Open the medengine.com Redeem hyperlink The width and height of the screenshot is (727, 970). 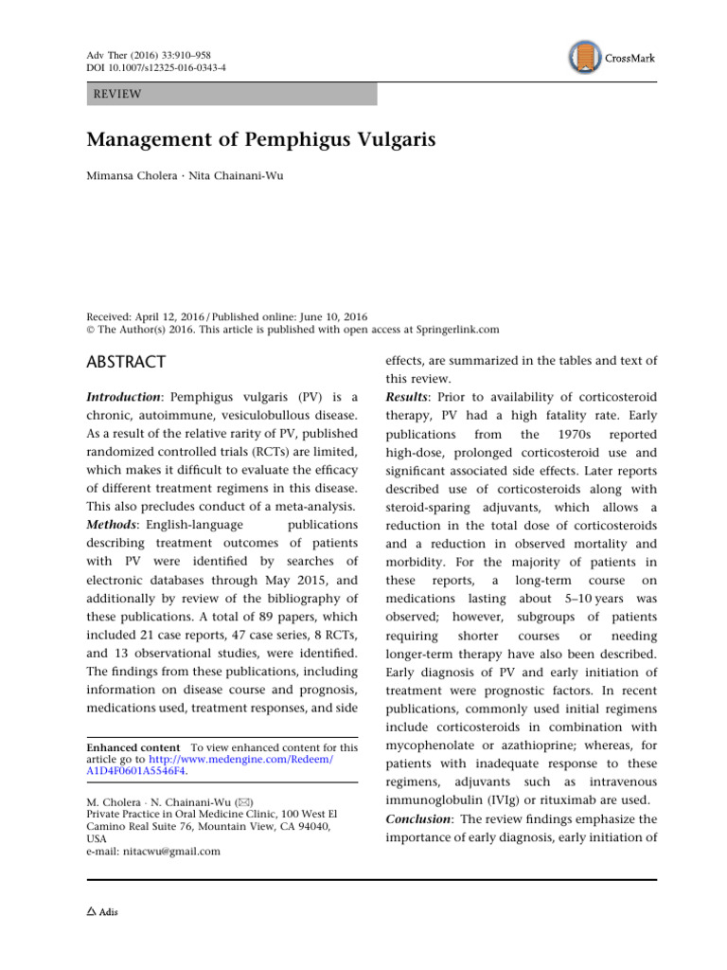click(222, 759)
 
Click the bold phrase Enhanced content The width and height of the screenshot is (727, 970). click(129, 747)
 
